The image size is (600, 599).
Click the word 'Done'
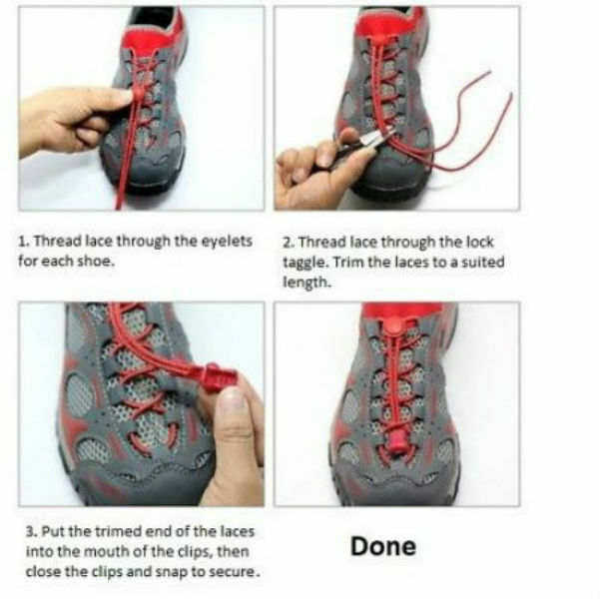(382, 546)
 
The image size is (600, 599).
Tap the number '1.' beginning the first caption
(24, 242)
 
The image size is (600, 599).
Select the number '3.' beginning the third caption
(24, 531)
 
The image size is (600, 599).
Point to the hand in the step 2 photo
(309, 170)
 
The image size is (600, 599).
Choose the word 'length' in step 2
(304, 283)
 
